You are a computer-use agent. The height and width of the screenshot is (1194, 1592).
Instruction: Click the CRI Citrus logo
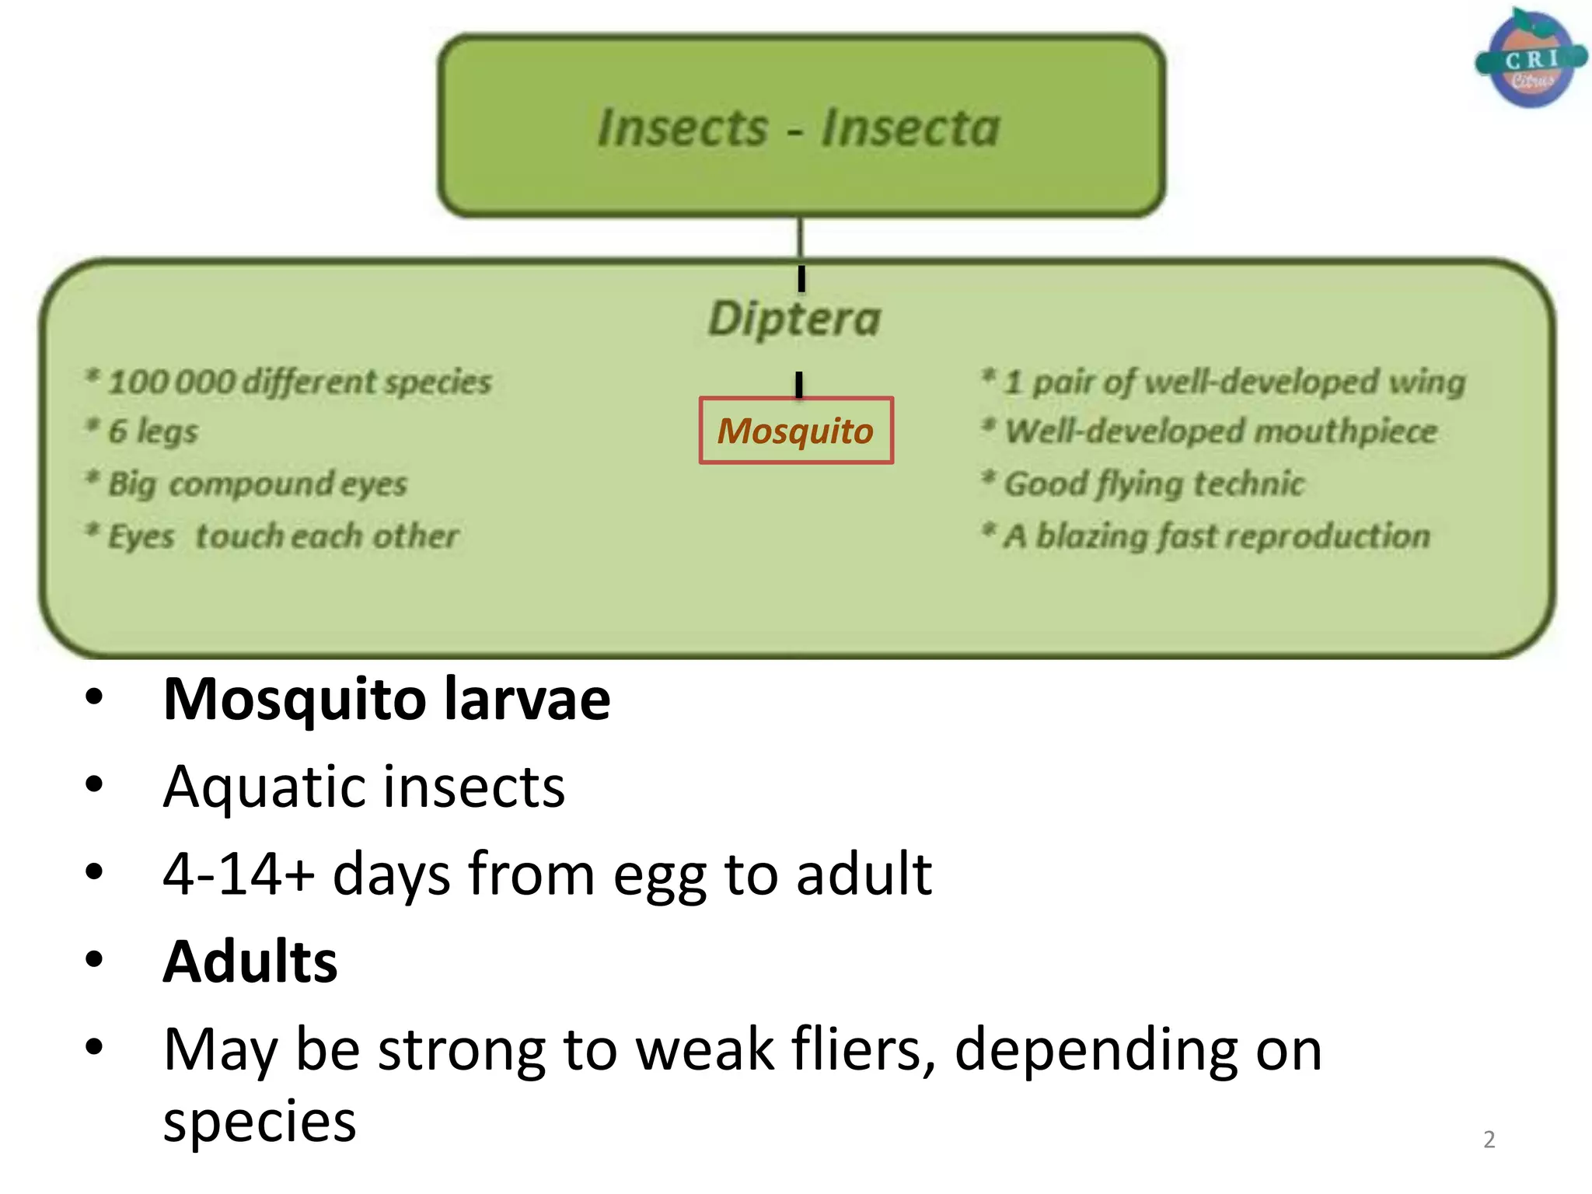tap(1531, 58)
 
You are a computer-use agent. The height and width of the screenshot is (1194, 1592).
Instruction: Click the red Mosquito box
tap(796, 431)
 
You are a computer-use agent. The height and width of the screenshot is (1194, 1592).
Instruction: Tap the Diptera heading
tap(794, 319)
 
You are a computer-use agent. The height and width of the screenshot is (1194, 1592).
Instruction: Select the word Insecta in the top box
tap(910, 127)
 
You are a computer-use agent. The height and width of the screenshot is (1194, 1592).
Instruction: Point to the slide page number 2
tap(1489, 1139)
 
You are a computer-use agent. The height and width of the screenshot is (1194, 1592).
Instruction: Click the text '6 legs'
tap(153, 431)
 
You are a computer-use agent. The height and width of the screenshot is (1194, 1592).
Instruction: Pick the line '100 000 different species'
tap(299, 382)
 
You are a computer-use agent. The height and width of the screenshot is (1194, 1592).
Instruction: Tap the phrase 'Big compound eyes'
tap(257, 484)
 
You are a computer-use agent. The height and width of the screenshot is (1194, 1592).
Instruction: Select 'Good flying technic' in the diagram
tap(1154, 484)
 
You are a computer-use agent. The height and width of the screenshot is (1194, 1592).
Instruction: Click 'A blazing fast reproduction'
tap(1217, 536)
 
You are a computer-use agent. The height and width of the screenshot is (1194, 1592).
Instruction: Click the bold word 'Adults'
tap(250, 962)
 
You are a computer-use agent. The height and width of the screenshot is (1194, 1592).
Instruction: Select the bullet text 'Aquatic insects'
tap(364, 787)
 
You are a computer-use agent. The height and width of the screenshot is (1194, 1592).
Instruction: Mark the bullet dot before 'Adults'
tap(94, 960)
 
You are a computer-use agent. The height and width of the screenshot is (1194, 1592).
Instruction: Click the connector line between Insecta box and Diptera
tap(801, 238)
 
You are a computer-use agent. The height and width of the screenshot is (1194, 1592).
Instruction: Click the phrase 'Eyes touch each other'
tap(283, 536)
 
